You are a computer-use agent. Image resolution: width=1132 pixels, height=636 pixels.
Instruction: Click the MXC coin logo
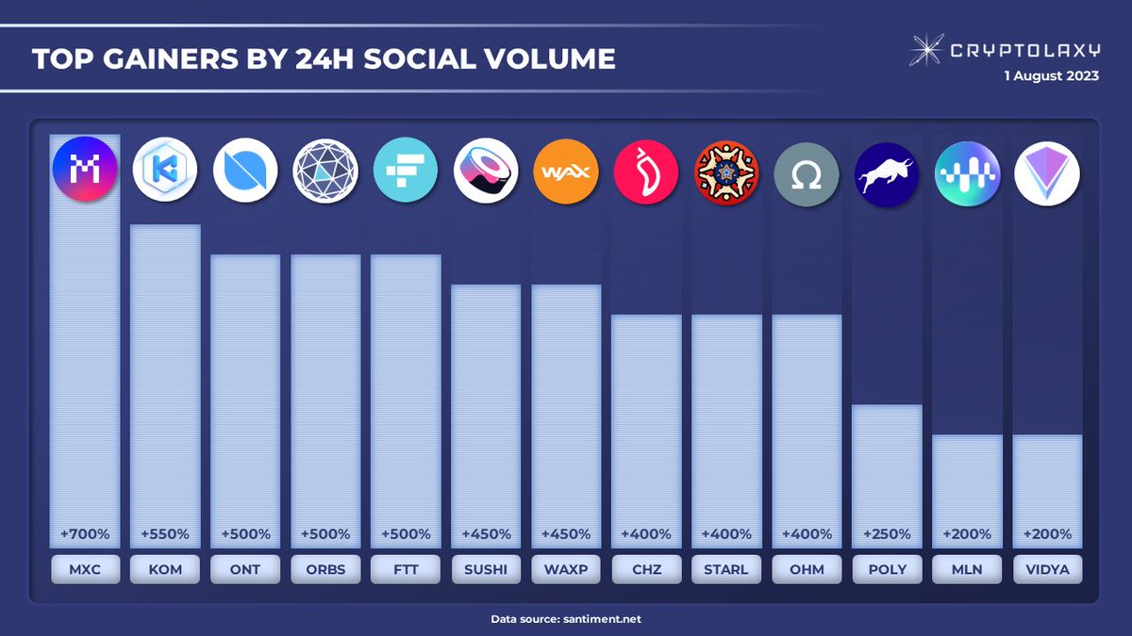click(x=85, y=171)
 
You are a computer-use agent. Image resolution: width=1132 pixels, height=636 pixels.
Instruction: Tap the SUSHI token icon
click(x=486, y=171)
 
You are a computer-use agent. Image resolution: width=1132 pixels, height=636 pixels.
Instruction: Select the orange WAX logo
click(x=566, y=171)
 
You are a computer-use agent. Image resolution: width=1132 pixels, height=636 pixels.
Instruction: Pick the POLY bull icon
click(x=887, y=171)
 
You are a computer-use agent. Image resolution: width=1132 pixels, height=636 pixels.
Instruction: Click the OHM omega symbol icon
click(x=807, y=171)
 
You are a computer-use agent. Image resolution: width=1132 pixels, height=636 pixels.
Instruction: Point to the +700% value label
click(x=85, y=534)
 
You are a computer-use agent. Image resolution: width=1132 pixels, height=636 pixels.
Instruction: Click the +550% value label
click(x=165, y=534)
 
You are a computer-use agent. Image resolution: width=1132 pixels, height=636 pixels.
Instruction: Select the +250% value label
click(x=887, y=534)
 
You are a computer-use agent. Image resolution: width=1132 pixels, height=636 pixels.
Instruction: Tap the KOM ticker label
click(x=165, y=569)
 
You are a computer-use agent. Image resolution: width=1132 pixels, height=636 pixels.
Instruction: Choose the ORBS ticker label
click(x=325, y=569)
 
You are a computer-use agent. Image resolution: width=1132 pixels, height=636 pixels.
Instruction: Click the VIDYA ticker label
click(x=1047, y=569)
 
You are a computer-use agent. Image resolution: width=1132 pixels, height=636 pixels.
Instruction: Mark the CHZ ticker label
click(x=646, y=569)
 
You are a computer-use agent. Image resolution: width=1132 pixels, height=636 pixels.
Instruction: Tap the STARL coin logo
click(x=726, y=171)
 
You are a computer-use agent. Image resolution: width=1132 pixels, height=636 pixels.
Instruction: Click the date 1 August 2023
click(x=1051, y=76)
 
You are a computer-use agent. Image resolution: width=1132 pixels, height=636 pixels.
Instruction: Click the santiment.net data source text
click(x=603, y=619)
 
